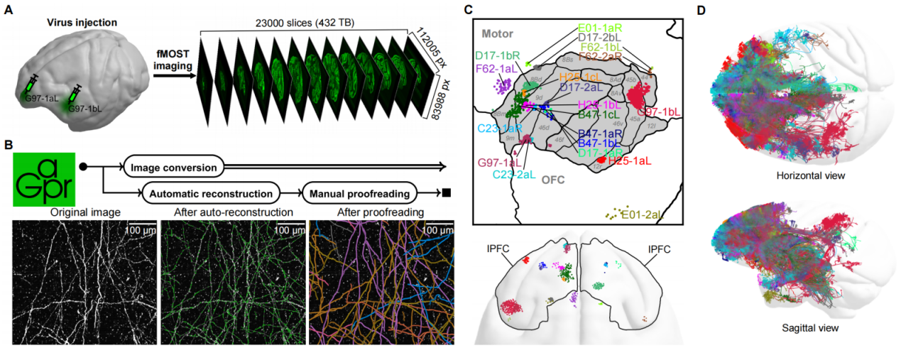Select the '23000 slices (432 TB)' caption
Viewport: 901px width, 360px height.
(x=305, y=22)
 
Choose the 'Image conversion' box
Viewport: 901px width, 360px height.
(x=174, y=168)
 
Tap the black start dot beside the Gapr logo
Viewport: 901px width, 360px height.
(x=83, y=168)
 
